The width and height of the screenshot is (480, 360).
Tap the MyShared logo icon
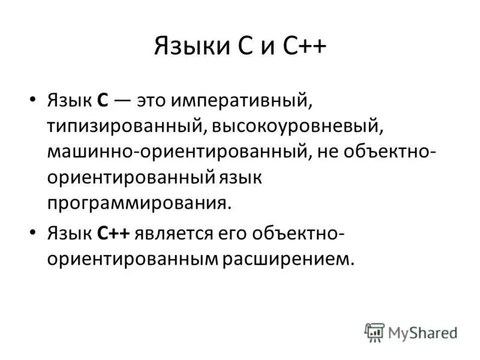(x=374, y=332)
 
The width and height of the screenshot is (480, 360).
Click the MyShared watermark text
(x=422, y=332)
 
